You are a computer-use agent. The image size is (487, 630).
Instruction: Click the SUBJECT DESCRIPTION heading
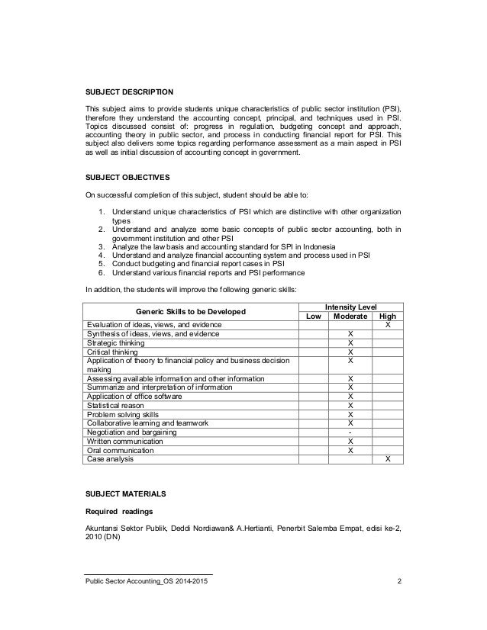[129, 92]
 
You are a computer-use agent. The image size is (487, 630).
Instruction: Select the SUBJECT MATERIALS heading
[124, 494]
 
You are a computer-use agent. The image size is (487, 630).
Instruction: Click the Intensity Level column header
[350, 305]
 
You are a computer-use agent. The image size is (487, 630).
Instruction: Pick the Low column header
[313, 316]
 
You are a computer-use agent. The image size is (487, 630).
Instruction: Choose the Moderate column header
[350, 316]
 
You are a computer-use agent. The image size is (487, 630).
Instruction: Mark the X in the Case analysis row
[388, 459]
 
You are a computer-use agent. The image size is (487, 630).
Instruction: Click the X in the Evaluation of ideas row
[388, 325]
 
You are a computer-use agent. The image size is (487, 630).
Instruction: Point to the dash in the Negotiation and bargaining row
[350, 432]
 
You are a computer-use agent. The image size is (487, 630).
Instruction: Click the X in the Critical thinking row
[350, 352]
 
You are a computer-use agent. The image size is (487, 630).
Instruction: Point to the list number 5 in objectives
[102, 263]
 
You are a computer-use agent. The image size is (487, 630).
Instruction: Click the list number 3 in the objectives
[102, 246]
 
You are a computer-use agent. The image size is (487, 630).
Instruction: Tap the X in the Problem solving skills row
[350, 414]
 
